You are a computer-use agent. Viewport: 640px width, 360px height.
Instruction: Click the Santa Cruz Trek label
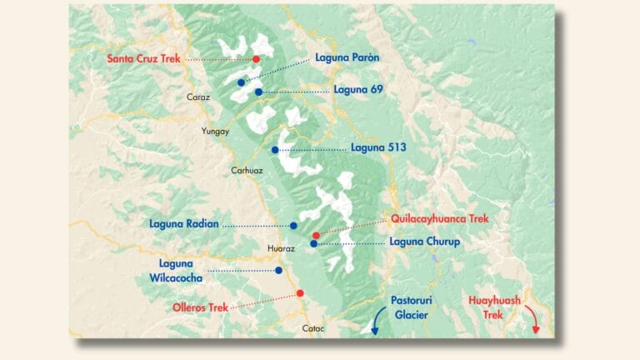143,58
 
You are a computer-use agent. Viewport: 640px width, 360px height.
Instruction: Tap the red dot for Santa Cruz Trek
256,59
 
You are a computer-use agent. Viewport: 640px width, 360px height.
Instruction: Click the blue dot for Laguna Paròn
241,82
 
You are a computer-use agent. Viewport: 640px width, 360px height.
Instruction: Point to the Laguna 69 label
357,90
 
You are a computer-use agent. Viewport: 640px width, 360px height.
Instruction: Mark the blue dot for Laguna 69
259,92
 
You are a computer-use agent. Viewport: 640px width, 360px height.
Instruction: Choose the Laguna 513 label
378,148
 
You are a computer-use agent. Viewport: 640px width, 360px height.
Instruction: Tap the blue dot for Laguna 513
275,150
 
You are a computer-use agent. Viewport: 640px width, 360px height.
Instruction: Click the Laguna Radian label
183,223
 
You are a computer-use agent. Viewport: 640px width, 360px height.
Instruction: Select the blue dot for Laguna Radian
293,225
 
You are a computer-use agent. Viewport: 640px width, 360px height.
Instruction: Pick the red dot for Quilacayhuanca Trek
315,236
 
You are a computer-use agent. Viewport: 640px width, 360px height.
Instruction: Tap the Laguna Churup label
425,242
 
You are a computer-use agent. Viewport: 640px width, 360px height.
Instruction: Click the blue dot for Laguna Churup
313,244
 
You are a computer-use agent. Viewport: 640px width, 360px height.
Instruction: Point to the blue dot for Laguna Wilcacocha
278,270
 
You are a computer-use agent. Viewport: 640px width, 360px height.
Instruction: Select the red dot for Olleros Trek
300,293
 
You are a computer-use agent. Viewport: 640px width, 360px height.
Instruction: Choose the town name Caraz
198,97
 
